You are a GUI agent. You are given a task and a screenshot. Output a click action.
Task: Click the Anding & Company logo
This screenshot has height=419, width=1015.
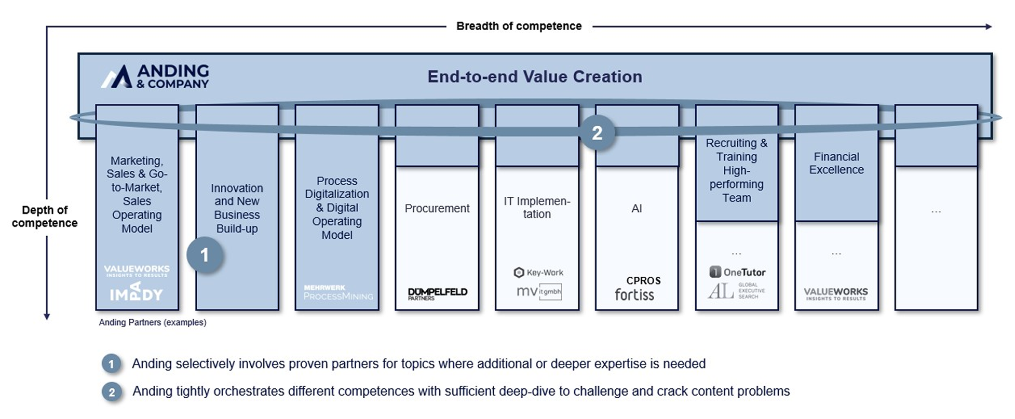[x=155, y=76]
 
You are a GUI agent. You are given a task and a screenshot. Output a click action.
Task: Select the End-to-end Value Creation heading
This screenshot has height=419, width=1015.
[x=535, y=77]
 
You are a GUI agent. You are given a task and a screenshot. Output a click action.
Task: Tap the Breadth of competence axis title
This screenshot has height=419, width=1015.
[x=519, y=26]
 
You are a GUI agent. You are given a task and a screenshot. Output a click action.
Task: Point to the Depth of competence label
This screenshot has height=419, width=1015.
[x=45, y=217]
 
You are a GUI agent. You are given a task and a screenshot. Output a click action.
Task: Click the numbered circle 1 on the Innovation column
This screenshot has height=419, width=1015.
[x=205, y=255]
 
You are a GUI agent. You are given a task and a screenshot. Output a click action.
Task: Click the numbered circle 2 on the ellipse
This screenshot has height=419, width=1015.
[x=597, y=133]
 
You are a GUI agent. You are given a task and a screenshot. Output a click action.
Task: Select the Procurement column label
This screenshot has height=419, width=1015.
[x=437, y=208]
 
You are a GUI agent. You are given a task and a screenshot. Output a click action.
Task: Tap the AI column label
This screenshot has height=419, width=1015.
[x=637, y=208]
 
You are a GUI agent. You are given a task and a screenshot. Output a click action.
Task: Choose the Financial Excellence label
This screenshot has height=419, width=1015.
[x=836, y=163]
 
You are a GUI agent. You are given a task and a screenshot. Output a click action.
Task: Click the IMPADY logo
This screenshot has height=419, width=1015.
[x=137, y=292]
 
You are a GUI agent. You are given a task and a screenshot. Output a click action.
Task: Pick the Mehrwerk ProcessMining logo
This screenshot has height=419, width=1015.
[x=338, y=292]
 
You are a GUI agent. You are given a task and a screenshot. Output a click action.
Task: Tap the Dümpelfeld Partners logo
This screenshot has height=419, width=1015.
[x=437, y=294]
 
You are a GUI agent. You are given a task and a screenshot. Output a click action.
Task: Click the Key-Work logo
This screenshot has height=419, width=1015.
[x=538, y=273]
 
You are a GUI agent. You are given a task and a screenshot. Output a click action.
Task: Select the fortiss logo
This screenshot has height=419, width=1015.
[x=634, y=295]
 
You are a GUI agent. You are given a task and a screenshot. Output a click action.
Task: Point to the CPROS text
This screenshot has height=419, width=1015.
[x=643, y=281]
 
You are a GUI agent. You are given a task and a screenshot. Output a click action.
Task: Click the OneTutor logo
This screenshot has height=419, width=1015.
[x=737, y=272]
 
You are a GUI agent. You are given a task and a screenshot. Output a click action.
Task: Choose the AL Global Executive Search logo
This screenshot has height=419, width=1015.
[x=736, y=291]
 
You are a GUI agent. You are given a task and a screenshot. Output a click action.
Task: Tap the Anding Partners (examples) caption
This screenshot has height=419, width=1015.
[x=153, y=322]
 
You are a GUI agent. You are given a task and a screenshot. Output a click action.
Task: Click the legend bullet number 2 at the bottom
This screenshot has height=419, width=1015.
[x=112, y=392]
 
